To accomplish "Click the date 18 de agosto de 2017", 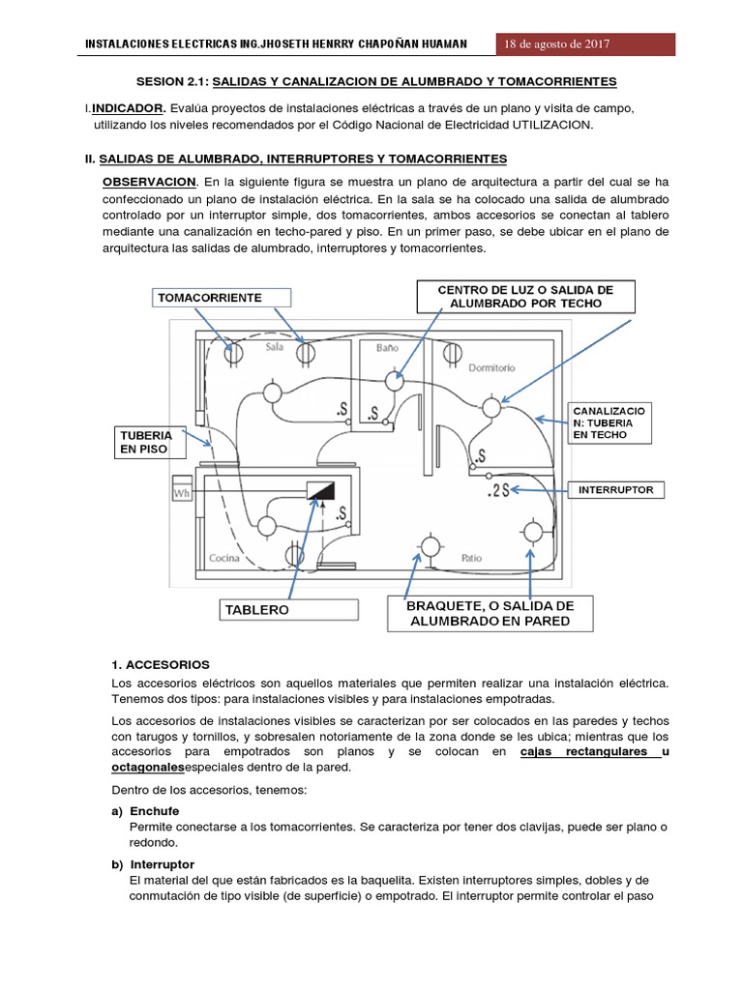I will coord(556,44).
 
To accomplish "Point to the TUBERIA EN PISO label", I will coord(147,443).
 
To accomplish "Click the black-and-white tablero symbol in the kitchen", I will coord(320,489).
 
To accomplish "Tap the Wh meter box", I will coord(181,494).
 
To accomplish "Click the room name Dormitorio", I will coord(491,367).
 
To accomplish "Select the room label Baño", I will coord(387,346).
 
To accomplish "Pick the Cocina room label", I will coord(224,559).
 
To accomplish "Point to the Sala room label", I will coord(274,346).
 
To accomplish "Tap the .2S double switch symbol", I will coord(497,492).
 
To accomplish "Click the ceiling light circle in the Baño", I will coord(394,381).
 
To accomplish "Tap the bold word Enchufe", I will coord(154,810).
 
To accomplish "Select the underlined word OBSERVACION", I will coord(150,182).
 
